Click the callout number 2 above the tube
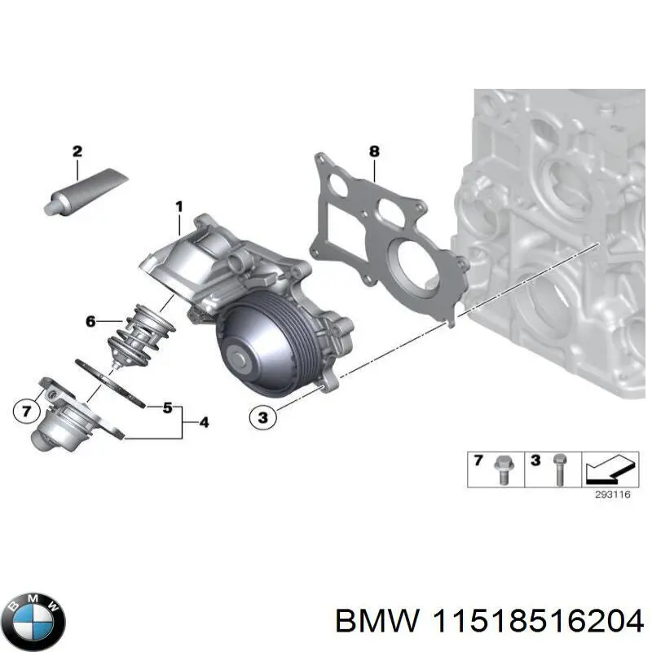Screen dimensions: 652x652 [x=77, y=151]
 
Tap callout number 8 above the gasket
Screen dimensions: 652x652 [x=374, y=151]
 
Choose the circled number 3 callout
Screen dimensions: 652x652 [x=262, y=418]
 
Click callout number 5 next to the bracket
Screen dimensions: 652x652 [x=167, y=407]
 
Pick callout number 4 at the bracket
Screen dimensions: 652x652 [x=203, y=422]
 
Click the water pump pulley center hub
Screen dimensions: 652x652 [x=240, y=356]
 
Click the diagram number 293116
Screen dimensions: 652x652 [x=606, y=494]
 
